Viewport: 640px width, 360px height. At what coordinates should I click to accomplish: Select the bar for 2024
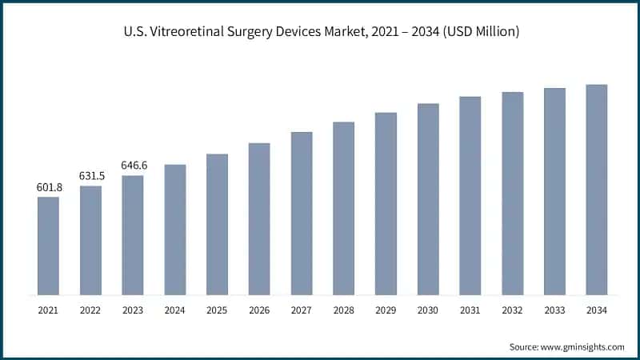pyautogui.click(x=175, y=230)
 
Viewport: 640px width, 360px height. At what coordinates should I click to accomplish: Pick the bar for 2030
pyautogui.click(x=428, y=199)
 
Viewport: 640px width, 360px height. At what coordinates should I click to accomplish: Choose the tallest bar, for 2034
pyautogui.click(x=597, y=190)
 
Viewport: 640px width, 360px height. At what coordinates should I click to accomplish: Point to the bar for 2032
pyautogui.click(x=513, y=193)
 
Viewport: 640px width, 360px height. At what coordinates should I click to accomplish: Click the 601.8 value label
pyautogui.click(x=48, y=187)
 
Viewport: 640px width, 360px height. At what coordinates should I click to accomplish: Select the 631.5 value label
pyautogui.click(x=90, y=176)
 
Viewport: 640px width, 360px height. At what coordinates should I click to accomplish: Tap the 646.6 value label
pyautogui.click(x=133, y=166)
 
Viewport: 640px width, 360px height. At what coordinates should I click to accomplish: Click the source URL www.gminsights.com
pyautogui.click(x=583, y=346)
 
